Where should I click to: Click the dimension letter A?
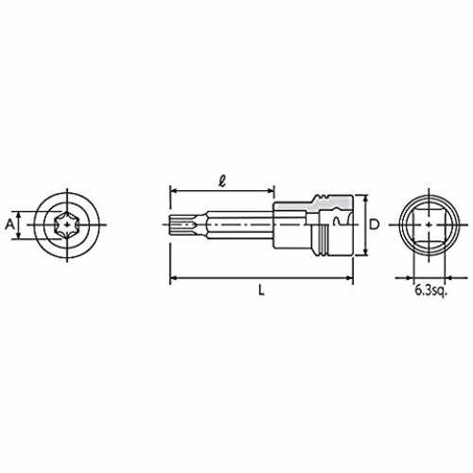point(10,224)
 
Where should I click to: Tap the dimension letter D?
point(375,224)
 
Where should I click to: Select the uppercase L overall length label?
point(261,290)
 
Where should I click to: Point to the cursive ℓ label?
point(222,181)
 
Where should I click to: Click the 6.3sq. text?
point(431,290)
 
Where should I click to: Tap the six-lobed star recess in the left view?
point(65,225)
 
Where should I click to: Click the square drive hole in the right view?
point(429,225)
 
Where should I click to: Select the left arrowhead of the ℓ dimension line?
point(173,190)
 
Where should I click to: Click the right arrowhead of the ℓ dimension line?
point(271,190)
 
